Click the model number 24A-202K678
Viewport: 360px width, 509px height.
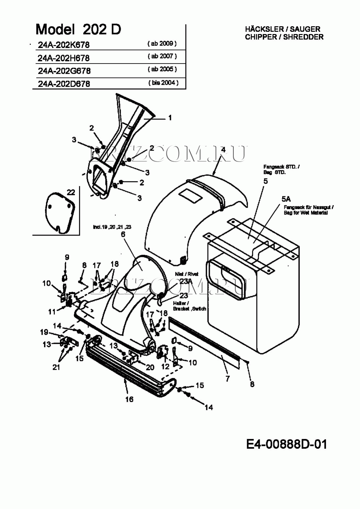click(x=63, y=45)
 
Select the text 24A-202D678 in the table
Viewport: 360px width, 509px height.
click(x=64, y=84)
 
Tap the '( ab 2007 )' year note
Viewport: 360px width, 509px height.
click(x=162, y=56)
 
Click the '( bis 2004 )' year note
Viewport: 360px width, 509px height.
click(x=163, y=83)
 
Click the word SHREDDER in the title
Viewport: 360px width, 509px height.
click(x=303, y=37)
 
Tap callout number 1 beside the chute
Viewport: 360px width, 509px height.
click(x=170, y=118)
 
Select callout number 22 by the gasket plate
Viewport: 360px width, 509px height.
click(x=71, y=192)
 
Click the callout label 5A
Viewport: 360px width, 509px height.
click(x=286, y=199)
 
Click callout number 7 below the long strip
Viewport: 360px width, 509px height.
click(x=228, y=378)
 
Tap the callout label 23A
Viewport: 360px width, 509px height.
click(x=186, y=281)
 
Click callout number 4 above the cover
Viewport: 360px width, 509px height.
click(x=223, y=149)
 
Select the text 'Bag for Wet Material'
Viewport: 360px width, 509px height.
click(x=306, y=213)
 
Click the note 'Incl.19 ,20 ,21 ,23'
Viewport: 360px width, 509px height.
click(x=112, y=227)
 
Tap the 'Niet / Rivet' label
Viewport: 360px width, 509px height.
click(x=186, y=274)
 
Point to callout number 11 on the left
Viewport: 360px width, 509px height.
click(x=52, y=312)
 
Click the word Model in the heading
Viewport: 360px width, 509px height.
click(x=55, y=29)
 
